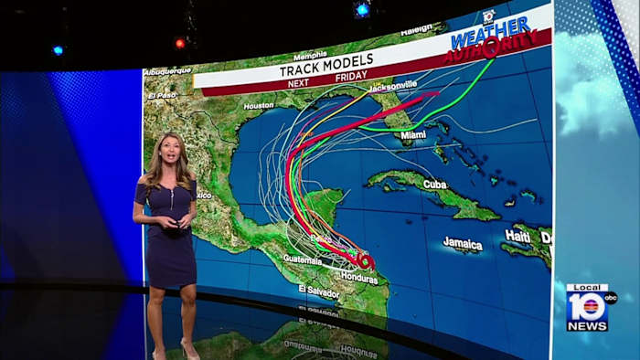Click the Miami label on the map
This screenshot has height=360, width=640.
[412, 134]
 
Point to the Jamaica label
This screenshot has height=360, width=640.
[463, 244]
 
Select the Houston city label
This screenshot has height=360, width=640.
[259, 106]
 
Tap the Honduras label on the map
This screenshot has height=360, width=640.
[357, 278]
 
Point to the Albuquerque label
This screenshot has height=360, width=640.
[167, 70]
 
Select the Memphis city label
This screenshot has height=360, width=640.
[310, 55]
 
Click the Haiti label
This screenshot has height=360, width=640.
[517, 236]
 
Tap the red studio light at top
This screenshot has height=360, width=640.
[180, 43]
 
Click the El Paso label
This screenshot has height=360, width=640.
[161, 95]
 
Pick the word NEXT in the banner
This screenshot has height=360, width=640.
[299, 83]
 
